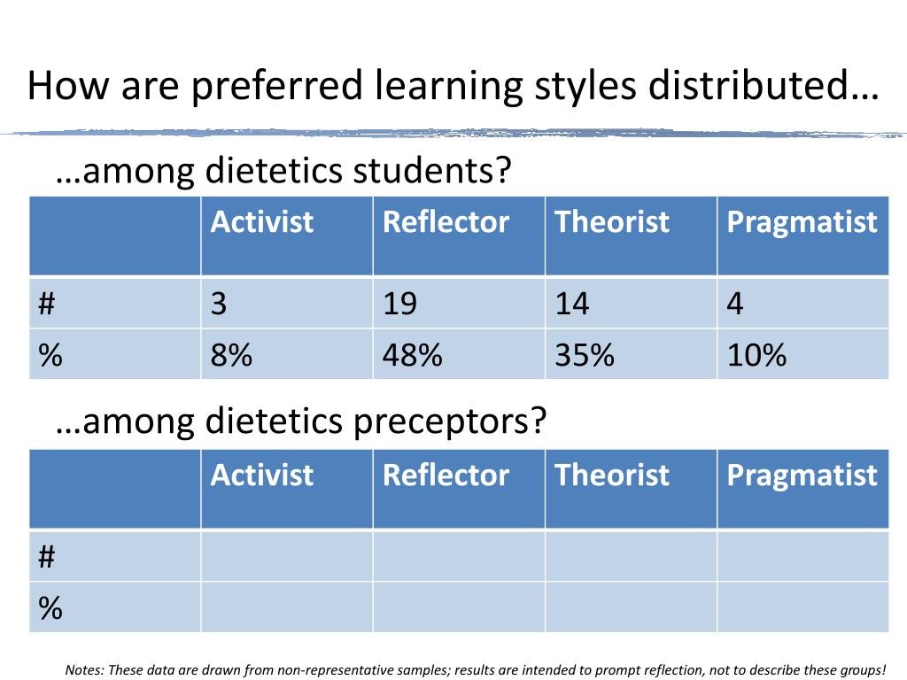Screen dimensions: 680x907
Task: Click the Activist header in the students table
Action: pyautogui.click(x=262, y=221)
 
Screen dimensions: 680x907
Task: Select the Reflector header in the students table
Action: pyautogui.click(x=446, y=221)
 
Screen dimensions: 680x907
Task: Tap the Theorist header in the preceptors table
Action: pyautogui.click(x=611, y=475)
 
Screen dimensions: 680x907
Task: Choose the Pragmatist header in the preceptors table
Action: pyautogui.click(x=802, y=475)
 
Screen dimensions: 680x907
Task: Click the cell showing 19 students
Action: pyautogui.click(x=400, y=304)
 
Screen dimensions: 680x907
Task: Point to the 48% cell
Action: pyautogui.click(x=412, y=355)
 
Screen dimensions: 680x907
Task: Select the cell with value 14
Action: pyautogui.click(x=572, y=304)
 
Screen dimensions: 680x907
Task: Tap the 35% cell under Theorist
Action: pyautogui.click(x=585, y=355)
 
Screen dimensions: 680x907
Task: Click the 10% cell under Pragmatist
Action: pyautogui.click(x=756, y=355)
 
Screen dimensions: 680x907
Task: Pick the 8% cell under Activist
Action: pyautogui.click(x=231, y=355)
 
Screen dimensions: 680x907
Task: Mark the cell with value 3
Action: pyautogui.click(x=219, y=304)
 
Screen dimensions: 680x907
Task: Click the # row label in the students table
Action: pyautogui.click(x=48, y=304)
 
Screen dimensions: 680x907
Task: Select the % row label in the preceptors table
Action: pyautogui.click(x=50, y=608)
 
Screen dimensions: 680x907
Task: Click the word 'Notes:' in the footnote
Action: pyautogui.click(x=85, y=669)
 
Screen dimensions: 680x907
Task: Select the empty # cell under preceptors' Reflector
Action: pyautogui.click(x=458, y=557)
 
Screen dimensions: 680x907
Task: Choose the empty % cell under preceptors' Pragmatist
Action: pyautogui.click(x=802, y=608)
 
